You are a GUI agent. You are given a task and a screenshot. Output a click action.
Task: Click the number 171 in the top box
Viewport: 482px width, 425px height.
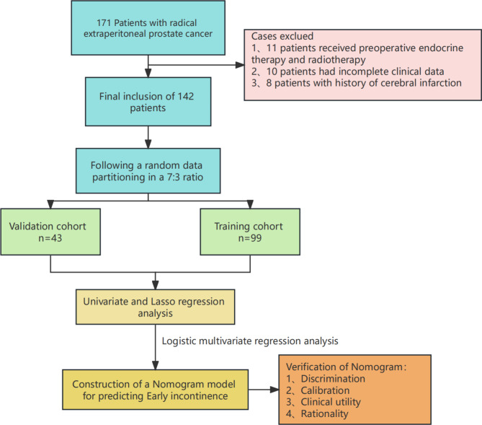tap(104, 23)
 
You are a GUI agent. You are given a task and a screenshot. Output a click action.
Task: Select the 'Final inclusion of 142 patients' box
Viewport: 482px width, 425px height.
tap(148, 102)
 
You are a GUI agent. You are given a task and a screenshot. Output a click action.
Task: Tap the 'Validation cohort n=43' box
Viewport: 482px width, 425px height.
tap(50, 232)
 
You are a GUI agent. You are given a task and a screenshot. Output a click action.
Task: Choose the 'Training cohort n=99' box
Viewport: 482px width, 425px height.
tap(250, 232)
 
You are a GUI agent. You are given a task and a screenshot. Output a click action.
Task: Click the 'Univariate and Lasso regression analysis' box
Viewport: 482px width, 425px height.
tap(155, 307)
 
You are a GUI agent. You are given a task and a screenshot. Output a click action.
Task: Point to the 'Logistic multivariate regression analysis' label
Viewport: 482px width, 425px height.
tap(250, 341)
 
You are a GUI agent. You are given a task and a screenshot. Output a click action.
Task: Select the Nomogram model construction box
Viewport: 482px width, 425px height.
tap(155, 390)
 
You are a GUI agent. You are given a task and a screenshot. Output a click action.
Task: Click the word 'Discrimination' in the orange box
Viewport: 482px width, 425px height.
tap(333, 379)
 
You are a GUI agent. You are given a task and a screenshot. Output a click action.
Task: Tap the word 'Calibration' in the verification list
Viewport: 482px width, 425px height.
tap(325, 390)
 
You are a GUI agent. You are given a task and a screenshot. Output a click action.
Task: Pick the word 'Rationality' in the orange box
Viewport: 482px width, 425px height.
tap(324, 413)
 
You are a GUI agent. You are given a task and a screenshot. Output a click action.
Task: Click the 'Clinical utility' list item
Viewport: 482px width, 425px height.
tap(331, 402)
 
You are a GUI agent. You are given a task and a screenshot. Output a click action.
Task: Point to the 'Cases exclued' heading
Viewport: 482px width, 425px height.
tap(282, 36)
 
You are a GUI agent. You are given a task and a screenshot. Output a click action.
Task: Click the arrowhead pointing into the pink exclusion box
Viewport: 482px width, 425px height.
tap(240, 65)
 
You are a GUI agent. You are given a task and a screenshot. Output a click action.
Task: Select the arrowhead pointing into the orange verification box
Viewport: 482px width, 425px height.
tap(275, 390)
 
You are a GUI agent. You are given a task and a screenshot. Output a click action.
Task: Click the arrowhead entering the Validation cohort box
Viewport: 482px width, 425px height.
tap(50, 204)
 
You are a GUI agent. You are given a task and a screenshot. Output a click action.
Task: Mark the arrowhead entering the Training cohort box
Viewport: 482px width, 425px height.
tap(250, 204)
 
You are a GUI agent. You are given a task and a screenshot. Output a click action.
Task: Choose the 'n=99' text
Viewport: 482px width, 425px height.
tap(250, 238)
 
